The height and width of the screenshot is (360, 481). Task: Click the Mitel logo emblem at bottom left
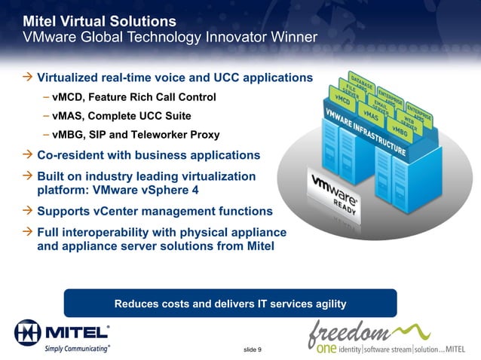(27, 332)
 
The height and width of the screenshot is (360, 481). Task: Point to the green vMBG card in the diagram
(400, 130)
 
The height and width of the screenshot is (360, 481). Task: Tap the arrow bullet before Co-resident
(28, 155)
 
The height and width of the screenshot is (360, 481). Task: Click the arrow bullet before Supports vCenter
(28, 211)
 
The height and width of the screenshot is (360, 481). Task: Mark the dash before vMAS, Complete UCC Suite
(47, 116)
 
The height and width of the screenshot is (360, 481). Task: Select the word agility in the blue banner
(326, 304)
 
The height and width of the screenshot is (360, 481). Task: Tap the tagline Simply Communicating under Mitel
(78, 348)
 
